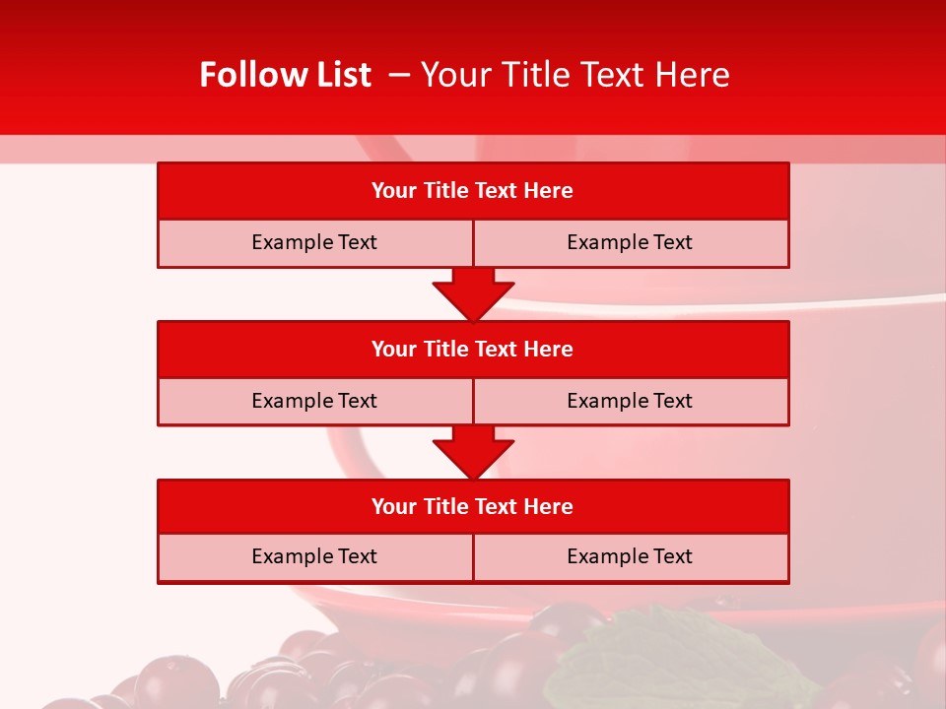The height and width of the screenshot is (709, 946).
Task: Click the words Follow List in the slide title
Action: (x=285, y=75)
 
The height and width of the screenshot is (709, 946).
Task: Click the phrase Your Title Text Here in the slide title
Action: (x=574, y=75)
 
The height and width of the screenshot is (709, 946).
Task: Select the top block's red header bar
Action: (x=473, y=190)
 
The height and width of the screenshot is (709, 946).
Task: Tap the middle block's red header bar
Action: (x=473, y=349)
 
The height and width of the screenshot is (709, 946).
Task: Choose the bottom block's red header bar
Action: (x=473, y=506)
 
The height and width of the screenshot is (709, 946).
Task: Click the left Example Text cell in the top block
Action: (x=314, y=242)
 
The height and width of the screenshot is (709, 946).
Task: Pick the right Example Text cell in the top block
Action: (x=630, y=242)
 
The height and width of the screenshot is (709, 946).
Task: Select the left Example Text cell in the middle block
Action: (x=314, y=401)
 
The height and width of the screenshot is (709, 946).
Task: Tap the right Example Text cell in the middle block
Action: (x=630, y=401)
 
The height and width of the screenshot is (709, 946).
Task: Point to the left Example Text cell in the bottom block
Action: (x=314, y=556)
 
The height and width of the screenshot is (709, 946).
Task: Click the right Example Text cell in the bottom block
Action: (x=630, y=556)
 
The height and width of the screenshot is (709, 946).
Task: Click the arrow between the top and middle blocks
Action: (x=473, y=293)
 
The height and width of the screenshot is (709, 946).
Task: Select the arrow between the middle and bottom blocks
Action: (x=473, y=452)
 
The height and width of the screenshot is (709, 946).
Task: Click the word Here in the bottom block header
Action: (x=548, y=506)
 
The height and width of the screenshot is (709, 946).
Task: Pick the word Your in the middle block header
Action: (x=393, y=349)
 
